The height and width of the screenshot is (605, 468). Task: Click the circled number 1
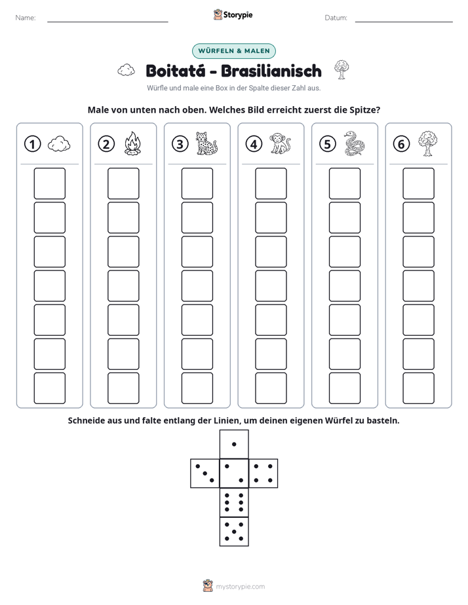[x=32, y=144]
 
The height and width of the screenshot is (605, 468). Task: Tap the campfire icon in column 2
[x=133, y=143]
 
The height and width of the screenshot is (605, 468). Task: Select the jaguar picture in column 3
[x=206, y=143]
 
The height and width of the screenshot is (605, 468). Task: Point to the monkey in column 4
[x=280, y=143]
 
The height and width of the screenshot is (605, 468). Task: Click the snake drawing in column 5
[x=354, y=143]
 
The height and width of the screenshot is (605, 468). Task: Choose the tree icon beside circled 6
[x=427, y=143]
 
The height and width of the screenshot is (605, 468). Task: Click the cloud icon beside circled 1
[x=59, y=144]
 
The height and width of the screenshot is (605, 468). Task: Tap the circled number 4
[x=254, y=144]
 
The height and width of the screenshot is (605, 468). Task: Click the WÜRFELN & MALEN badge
[x=234, y=51]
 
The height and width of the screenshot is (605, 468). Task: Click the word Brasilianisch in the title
[x=271, y=71]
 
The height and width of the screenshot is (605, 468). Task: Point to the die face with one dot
[x=234, y=445]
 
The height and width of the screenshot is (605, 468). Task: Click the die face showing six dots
[x=234, y=502]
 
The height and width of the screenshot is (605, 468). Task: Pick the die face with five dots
[x=234, y=532]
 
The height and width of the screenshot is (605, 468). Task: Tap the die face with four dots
[x=263, y=473]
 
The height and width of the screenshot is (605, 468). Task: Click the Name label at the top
[x=26, y=18]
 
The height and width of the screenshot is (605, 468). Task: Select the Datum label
[x=336, y=18]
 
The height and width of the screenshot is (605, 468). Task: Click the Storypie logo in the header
[x=233, y=14]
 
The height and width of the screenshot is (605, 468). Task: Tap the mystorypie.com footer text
[x=240, y=587]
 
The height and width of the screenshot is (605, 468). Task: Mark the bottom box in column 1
[x=49, y=388]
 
